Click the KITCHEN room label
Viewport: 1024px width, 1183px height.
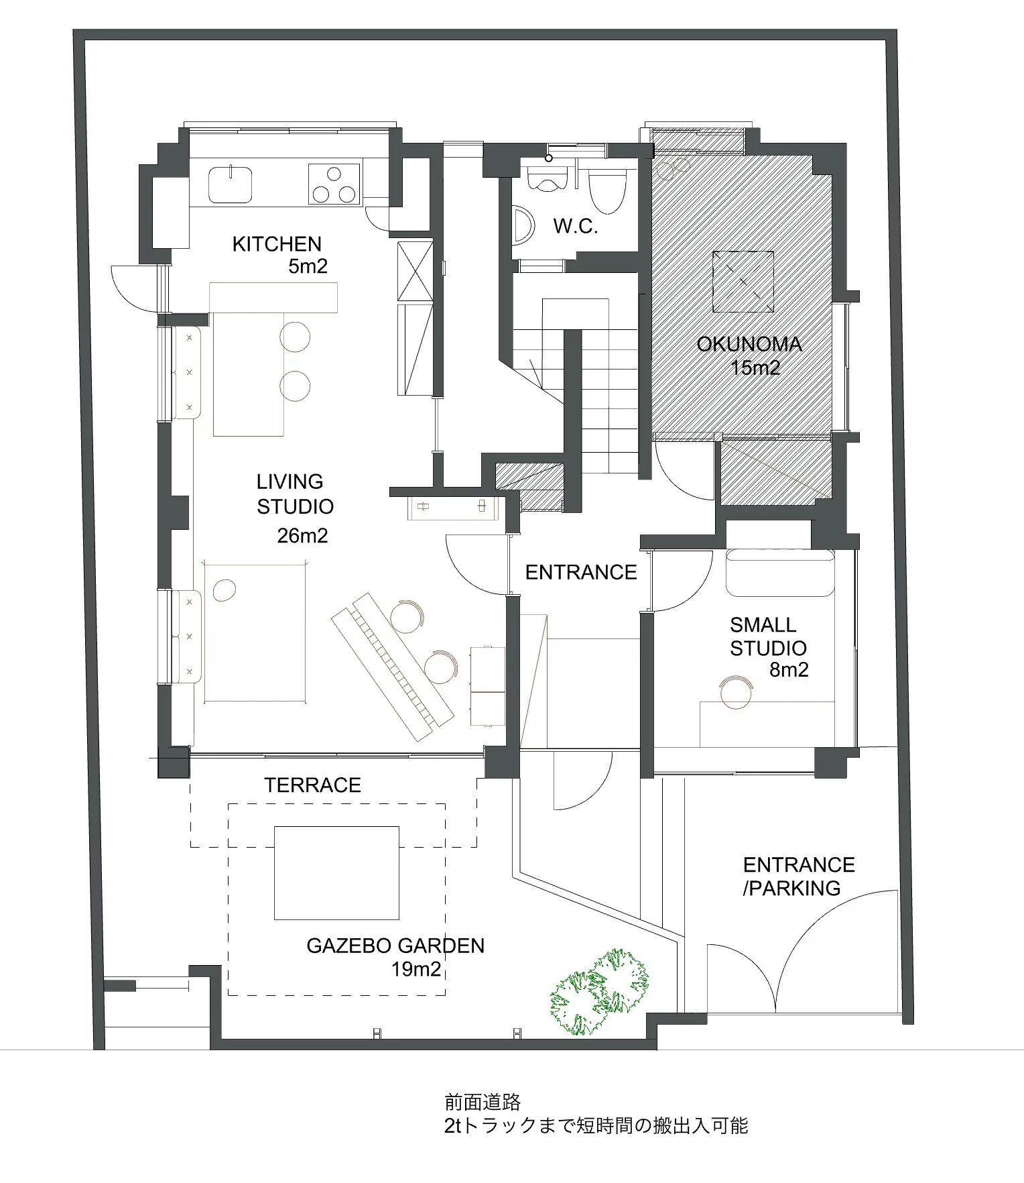click(277, 243)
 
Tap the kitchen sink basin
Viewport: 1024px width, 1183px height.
click(231, 183)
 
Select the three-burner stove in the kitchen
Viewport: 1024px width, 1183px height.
click(334, 183)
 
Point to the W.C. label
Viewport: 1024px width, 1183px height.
click(576, 226)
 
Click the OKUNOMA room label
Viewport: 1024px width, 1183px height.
click(749, 344)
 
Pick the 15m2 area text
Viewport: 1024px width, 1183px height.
click(756, 368)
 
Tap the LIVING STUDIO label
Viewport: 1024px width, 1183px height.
click(295, 494)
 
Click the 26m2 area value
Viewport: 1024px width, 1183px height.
click(303, 536)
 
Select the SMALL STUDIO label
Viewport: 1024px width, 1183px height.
click(768, 636)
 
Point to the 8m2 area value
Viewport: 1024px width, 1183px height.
click(789, 669)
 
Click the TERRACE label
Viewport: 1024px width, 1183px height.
click(312, 785)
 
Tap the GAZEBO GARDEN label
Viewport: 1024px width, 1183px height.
click(395, 946)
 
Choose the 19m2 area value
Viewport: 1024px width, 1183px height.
click(417, 969)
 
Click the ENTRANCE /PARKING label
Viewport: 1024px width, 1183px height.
click(799, 876)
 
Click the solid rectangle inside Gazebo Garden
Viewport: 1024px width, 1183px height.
click(336, 872)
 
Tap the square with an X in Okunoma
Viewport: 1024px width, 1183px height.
click(743, 282)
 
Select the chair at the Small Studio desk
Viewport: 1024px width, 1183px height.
click(736, 691)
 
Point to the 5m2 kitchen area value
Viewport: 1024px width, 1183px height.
click(308, 266)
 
